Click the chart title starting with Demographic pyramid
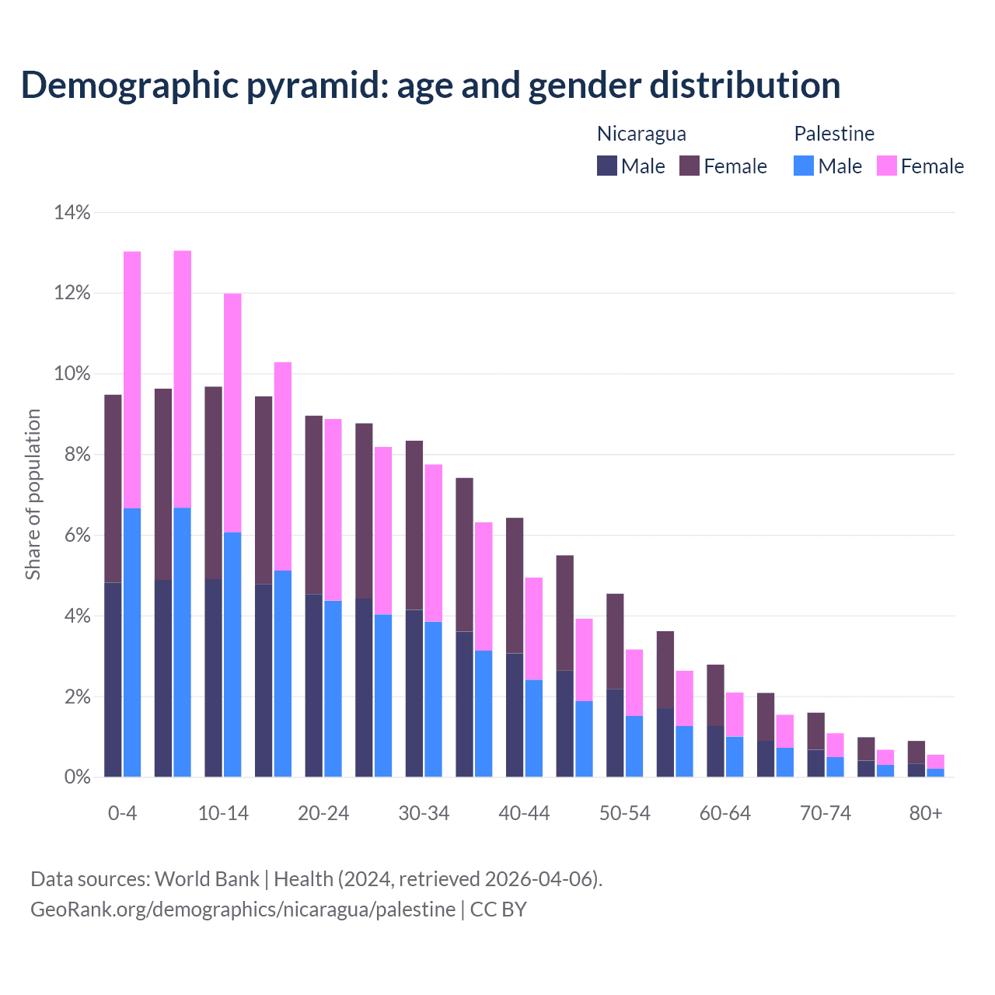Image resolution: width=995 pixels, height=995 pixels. (431, 86)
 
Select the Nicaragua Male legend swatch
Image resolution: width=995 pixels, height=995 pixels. (607, 166)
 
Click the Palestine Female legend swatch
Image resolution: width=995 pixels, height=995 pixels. (886, 166)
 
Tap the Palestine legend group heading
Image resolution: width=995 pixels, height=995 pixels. (834, 134)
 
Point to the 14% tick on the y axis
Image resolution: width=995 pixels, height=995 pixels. (72, 212)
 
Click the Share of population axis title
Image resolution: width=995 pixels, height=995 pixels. (33, 494)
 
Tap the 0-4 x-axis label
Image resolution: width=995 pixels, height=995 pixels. (122, 813)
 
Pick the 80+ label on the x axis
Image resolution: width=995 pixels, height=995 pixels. (926, 813)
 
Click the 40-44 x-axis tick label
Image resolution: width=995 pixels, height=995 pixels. (524, 813)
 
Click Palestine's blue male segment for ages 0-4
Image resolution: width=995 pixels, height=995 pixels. (132, 642)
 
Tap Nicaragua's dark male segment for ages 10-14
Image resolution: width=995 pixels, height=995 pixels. (214, 678)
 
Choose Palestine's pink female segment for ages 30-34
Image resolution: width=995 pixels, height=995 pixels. (433, 543)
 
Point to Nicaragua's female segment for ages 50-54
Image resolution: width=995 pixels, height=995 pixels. (615, 641)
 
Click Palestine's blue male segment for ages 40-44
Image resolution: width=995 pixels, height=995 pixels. (533, 728)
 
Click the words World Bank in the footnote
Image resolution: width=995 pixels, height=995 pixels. (207, 879)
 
